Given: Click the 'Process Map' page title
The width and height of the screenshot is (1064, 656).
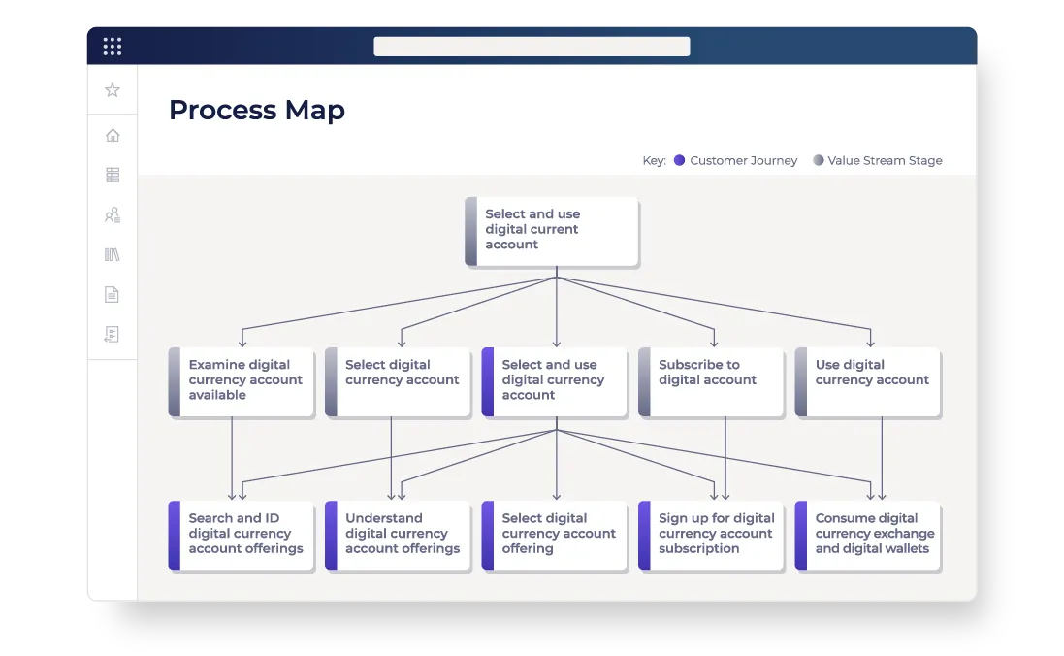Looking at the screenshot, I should point(256,111).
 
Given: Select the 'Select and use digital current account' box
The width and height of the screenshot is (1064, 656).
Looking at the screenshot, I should point(552,230).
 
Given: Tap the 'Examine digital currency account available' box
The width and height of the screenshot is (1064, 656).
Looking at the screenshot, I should point(242,380).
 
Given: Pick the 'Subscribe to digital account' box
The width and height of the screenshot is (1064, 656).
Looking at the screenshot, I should point(712,380).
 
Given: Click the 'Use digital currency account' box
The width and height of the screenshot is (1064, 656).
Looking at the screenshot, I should point(869,380).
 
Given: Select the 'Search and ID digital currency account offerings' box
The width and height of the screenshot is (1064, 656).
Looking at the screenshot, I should point(242,534).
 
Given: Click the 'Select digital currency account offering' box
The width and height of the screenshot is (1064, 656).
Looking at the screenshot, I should point(556,534).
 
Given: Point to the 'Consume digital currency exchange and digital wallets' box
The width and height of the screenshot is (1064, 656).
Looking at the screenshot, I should point(869,534).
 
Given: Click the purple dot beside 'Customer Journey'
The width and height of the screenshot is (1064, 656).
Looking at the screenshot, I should point(680,161).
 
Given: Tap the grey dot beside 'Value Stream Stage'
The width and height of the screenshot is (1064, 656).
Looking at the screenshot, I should point(818,161).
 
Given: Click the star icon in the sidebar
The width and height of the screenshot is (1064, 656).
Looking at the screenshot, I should point(113,90).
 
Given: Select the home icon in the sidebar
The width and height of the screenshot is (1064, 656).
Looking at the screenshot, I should point(113,135).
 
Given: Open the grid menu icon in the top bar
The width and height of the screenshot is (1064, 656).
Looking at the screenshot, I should point(113,46).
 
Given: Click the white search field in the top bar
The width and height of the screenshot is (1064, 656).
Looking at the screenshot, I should point(532,47).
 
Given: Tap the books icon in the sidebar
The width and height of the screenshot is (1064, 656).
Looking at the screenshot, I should point(113,255).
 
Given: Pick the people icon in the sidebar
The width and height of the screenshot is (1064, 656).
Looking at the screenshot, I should point(113,215).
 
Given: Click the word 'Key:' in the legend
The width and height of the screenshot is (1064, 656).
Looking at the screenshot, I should point(654,161).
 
